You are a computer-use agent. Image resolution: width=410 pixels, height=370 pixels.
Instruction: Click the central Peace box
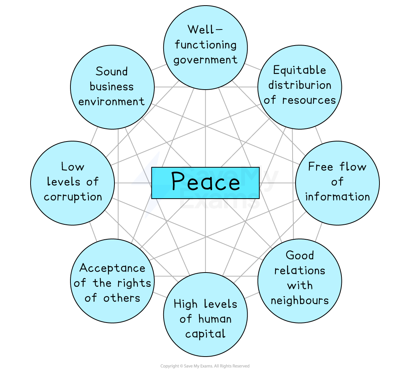pos(205,183)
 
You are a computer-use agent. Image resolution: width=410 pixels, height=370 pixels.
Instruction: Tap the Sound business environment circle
pos(112,87)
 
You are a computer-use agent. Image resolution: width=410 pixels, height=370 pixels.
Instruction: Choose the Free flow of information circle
pos(337,183)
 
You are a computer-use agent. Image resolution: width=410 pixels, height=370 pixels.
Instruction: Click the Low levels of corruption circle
pos(73,183)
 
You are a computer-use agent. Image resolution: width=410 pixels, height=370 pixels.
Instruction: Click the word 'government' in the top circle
pos(205,60)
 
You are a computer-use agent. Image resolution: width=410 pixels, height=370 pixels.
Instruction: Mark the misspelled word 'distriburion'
pos(300,85)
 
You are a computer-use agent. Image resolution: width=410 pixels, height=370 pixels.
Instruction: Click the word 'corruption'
pos(73,197)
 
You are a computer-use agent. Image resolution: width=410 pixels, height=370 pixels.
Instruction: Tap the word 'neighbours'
pos(300,300)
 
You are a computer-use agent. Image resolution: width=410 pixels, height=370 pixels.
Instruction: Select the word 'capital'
pos(205,333)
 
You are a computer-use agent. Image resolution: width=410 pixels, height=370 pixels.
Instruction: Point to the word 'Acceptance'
pos(112,268)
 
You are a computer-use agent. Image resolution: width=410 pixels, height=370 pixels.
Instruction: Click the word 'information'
pos(337,197)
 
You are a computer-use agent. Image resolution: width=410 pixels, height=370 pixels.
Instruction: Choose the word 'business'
pos(111,87)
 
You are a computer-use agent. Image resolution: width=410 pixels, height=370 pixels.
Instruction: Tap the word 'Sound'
pos(111,71)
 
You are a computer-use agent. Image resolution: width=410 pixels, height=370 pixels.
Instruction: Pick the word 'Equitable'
pos(299,70)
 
